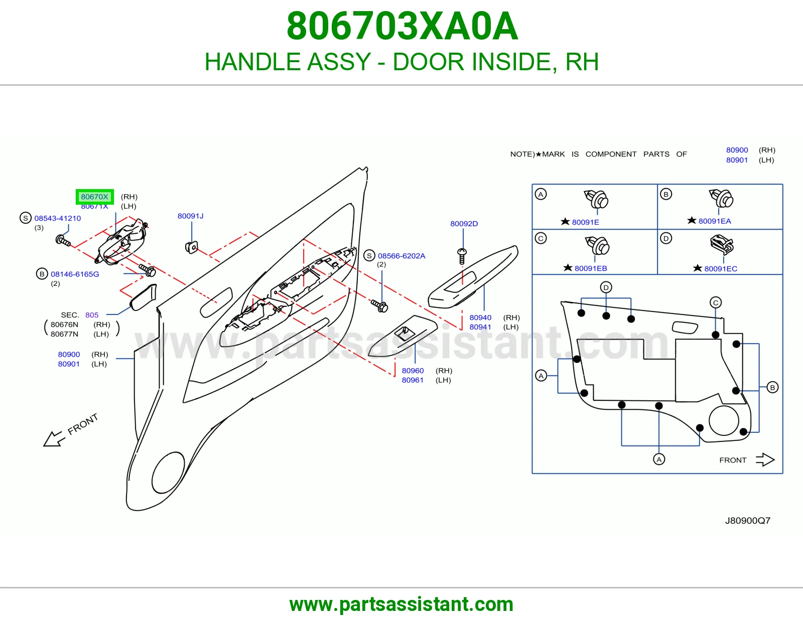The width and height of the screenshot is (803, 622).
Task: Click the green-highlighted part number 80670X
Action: (94, 197)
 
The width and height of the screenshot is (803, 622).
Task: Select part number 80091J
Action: (190, 216)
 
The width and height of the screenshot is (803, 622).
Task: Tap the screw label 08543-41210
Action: (58, 218)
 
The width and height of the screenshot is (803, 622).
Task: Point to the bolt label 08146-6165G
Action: (75, 274)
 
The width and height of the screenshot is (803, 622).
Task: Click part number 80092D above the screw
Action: (464, 224)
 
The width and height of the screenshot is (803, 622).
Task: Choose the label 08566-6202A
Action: (401, 256)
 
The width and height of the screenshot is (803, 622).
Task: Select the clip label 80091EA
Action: (715, 221)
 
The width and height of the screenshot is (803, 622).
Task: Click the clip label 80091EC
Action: (721, 269)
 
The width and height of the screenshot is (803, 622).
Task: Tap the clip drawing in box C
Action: (597, 246)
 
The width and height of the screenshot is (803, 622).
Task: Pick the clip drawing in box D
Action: (722, 244)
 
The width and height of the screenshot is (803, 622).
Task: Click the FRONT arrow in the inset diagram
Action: (765, 460)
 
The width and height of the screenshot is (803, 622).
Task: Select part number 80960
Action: (413, 371)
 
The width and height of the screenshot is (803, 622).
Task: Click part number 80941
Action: (480, 327)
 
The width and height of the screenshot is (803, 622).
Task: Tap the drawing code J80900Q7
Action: (748, 521)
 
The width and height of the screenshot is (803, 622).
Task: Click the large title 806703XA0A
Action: (402, 26)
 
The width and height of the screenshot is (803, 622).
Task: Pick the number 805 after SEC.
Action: (92, 315)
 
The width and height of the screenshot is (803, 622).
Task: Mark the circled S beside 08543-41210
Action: (26, 218)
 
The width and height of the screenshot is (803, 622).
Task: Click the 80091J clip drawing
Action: (191, 247)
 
